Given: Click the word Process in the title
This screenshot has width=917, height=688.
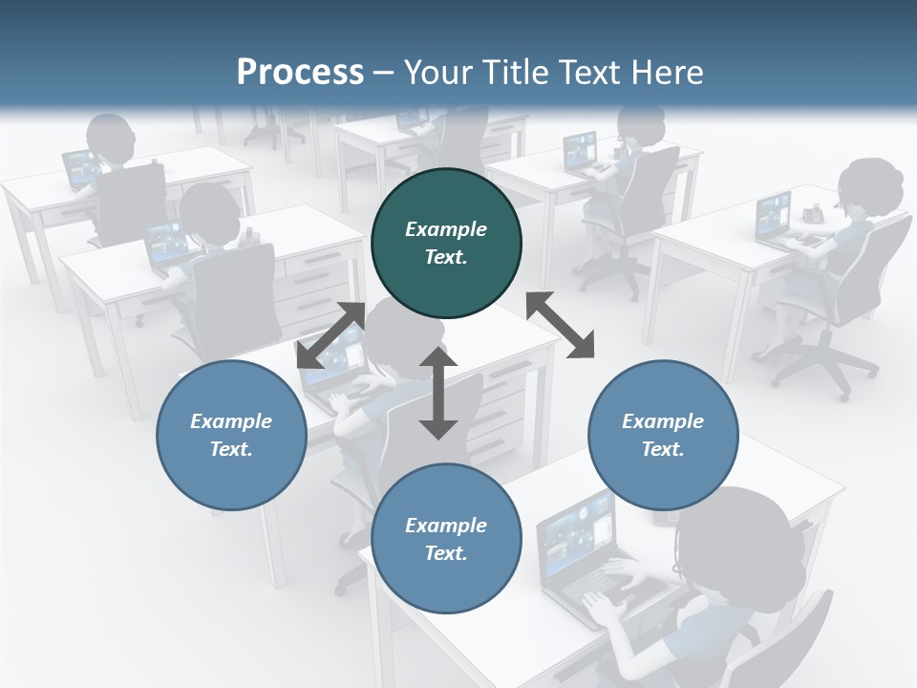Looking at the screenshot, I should pos(300,72).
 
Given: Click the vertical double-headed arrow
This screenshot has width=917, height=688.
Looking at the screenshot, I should pos(438,393).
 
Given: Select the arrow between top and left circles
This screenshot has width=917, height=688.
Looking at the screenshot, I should pos(331,334).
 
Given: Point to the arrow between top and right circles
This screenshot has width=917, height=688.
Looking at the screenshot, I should pos(560,325).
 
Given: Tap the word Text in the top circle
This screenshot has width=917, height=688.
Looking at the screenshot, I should pos(445,257).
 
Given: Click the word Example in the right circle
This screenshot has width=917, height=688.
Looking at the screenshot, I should pos(663,421).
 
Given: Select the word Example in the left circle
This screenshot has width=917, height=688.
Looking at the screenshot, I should pos(231,421).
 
